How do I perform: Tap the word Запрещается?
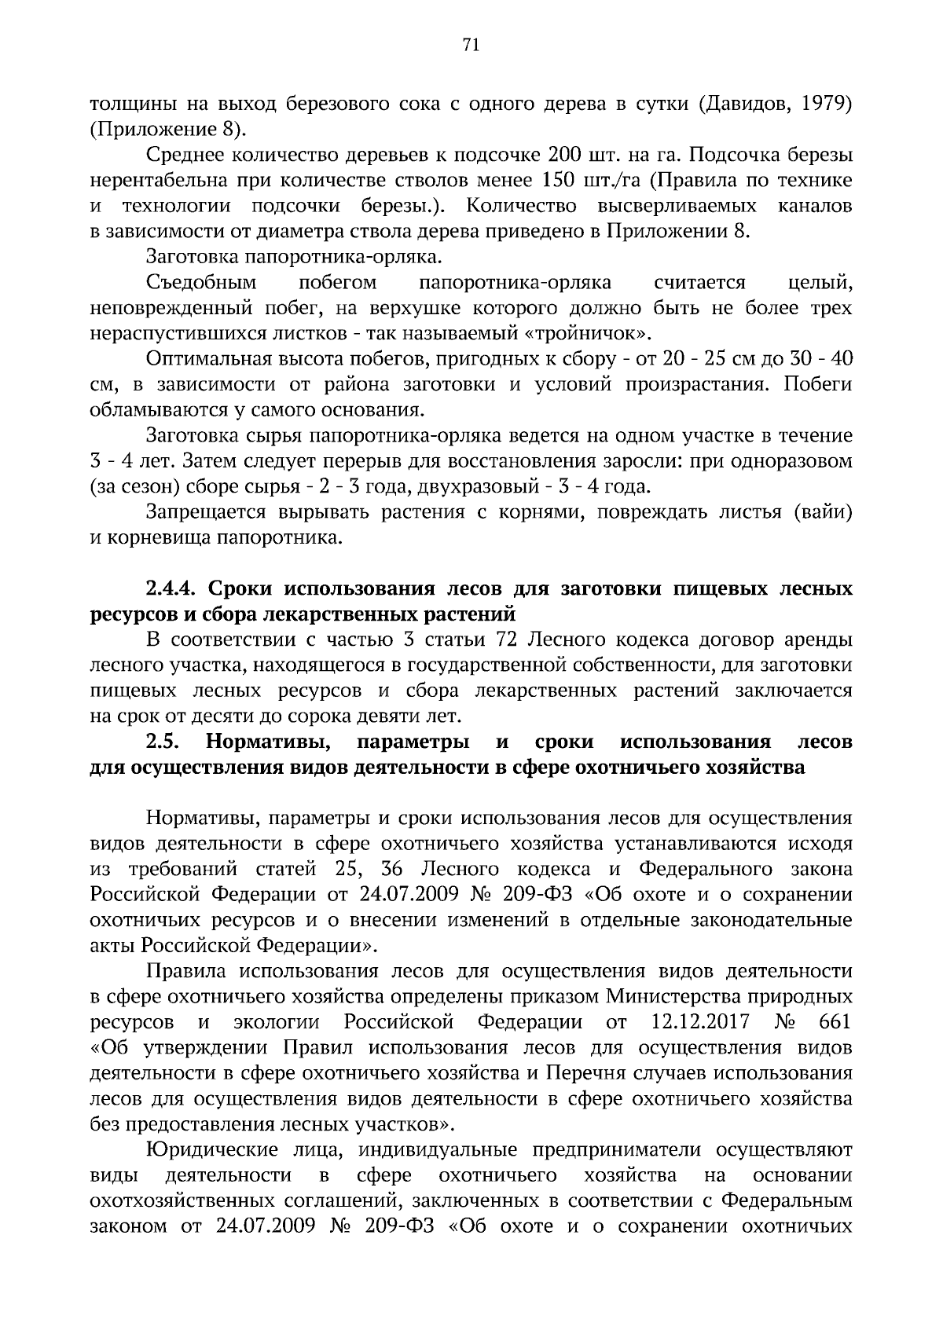(x=205, y=513)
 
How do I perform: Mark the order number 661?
(x=835, y=1023)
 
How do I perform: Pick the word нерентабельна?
(x=155, y=181)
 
